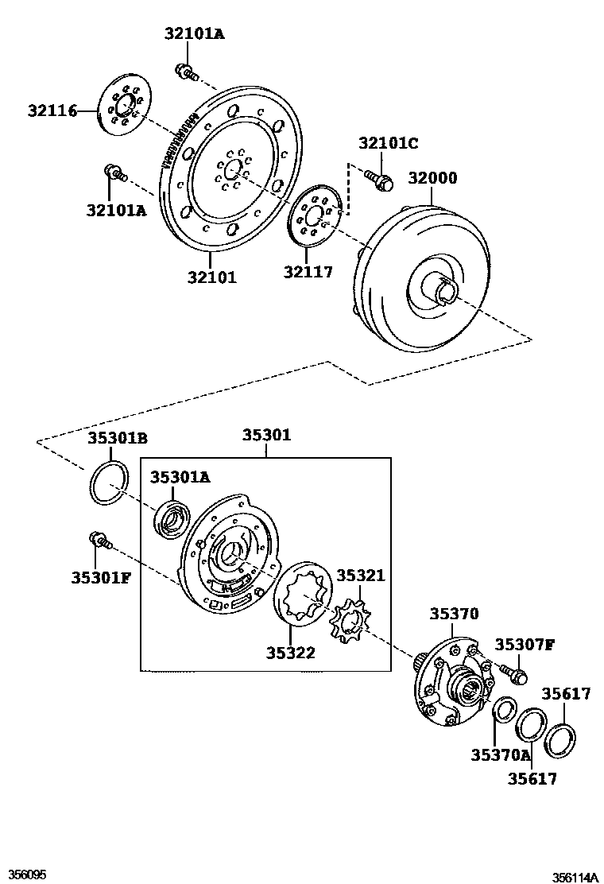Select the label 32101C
coord(388,144)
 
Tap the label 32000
coord(433,178)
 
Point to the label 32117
coord(308,272)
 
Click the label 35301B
coord(118,439)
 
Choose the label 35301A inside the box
coord(180,477)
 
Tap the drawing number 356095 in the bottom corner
coord(25,875)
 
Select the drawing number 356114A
coord(575,878)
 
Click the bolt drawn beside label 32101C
coord(379,179)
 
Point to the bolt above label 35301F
coord(99,540)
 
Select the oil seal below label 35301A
coord(171,518)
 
